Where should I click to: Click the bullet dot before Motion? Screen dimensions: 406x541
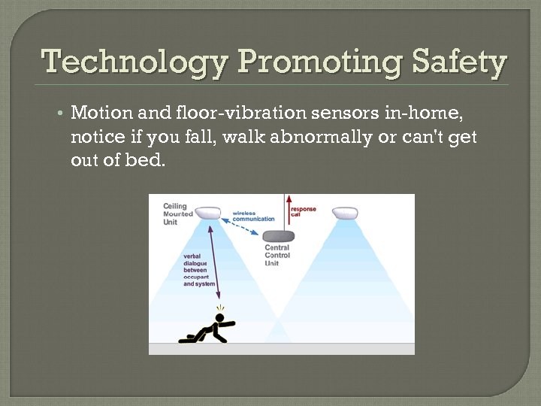(59, 114)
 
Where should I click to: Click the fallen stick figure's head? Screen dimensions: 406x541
(220, 319)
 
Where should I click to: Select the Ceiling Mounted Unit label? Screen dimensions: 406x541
(177, 213)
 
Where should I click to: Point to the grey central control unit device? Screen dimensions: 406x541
(278, 235)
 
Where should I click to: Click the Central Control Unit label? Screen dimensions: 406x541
(277, 255)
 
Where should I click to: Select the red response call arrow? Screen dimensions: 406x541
(286, 211)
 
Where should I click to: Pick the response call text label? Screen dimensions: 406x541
(303, 211)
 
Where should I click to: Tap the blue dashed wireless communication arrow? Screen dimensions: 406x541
(242, 226)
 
